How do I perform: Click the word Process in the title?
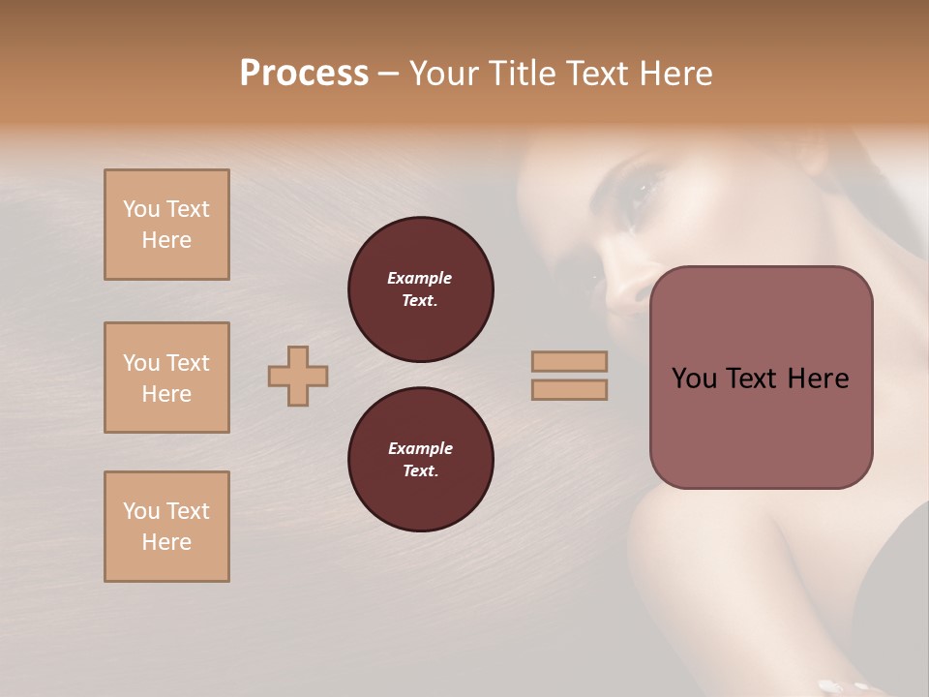[304, 74]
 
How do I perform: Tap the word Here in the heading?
[674, 74]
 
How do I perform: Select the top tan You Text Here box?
[166, 225]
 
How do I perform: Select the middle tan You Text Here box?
[166, 378]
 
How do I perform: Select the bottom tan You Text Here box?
[166, 527]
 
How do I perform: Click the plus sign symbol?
[298, 376]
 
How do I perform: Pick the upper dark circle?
[421, 289]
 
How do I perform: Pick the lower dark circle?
[421, 460]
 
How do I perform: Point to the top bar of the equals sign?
[569, 361]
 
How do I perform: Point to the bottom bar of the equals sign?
[569, 389]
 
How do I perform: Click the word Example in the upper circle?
[420, 278]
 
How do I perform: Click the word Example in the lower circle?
[420, 448]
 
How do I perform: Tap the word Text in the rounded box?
[756, 379]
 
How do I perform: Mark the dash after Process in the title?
[388, 74]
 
